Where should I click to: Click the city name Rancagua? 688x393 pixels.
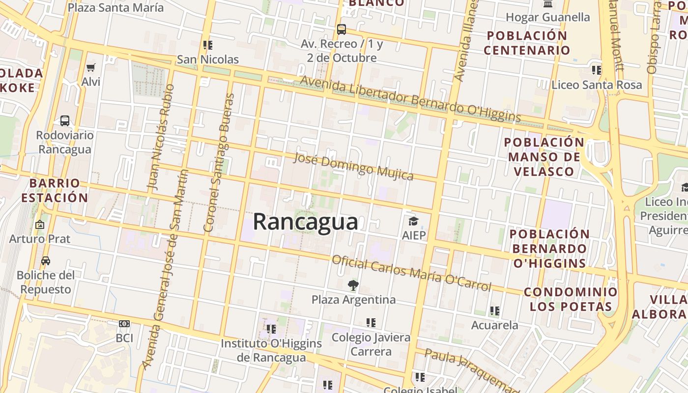[305, 222]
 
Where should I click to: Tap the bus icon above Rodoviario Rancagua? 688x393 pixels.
[64, 120]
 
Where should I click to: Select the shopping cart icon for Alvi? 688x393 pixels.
[90, 67]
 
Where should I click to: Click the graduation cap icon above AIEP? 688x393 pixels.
[413, 221]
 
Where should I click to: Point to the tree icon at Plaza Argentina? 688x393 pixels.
[353, 285]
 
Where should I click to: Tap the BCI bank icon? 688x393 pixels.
[124, 324]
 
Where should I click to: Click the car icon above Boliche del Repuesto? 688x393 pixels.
[46, 261]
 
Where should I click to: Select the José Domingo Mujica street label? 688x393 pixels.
[353, 167]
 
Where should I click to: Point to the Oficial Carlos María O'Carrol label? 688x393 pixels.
[411, 273]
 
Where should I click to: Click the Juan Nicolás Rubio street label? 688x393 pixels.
[161, 138]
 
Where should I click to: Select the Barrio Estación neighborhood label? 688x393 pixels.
[54, 191]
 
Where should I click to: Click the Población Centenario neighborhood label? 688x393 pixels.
[527, 43]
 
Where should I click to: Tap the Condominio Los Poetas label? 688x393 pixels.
[571, 299]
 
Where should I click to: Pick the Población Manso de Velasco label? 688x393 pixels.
[544, 157]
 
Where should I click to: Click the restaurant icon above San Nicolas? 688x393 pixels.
[208, 45]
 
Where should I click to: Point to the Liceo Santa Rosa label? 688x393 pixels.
[597, 84]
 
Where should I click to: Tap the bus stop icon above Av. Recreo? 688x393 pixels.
[342, 29]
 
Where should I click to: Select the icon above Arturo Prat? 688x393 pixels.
[40, 225]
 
